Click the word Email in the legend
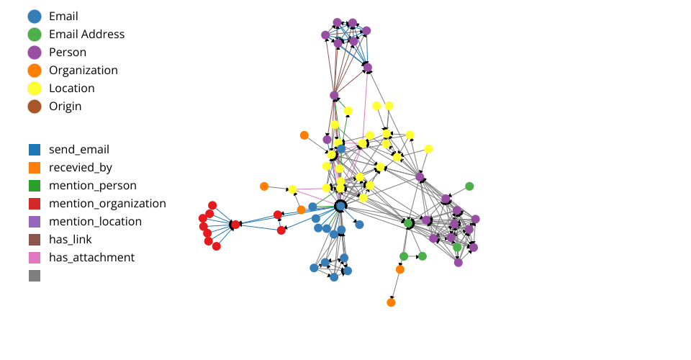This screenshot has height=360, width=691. pos(63,16)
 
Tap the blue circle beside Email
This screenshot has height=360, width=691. pos(34,16)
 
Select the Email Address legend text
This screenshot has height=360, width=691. pos(86,34)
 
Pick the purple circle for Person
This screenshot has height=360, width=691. pos(34,52)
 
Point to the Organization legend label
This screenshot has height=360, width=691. pos(83,70)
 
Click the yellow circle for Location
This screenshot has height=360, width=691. pos(34,88)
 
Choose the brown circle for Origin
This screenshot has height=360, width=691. pos(34,106)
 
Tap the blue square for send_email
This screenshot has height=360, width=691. pos(34,150)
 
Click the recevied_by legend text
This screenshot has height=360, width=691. pos(85,168)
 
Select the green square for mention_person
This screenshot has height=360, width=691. pos(34,186)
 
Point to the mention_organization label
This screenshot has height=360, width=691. pos(107,204)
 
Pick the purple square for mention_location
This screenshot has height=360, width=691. pos(34,222)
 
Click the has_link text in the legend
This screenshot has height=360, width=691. pos(71,240)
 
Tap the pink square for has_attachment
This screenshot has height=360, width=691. pos(34,258)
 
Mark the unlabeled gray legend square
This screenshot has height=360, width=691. pos(34,276)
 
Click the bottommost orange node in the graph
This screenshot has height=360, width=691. pos(391,302)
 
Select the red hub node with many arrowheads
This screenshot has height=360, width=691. pos(235,225)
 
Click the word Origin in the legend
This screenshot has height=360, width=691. pos(65,106)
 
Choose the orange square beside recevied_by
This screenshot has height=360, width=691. pos(34,168)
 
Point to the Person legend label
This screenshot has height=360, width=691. pos(68,52)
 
